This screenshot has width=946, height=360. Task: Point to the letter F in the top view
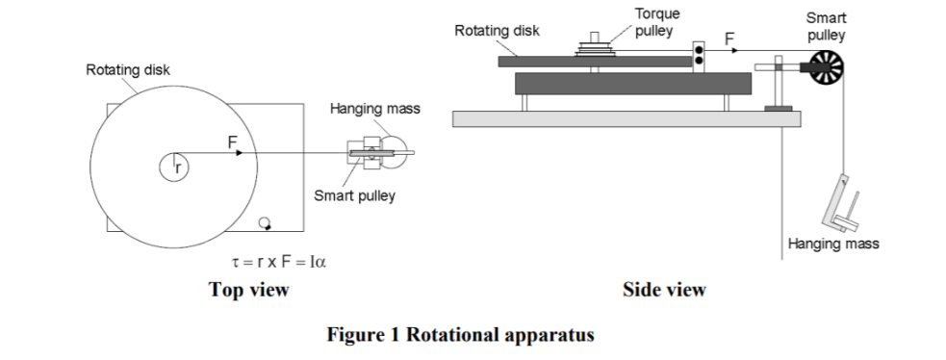(232, 141)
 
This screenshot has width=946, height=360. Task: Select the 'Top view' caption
(249, 290)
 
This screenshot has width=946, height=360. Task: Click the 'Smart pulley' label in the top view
(354, 196)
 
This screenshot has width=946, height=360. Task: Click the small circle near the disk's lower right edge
(266, 223)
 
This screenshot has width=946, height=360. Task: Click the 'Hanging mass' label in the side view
(832, 244)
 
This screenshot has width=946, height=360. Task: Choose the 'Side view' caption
(663, 290)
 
